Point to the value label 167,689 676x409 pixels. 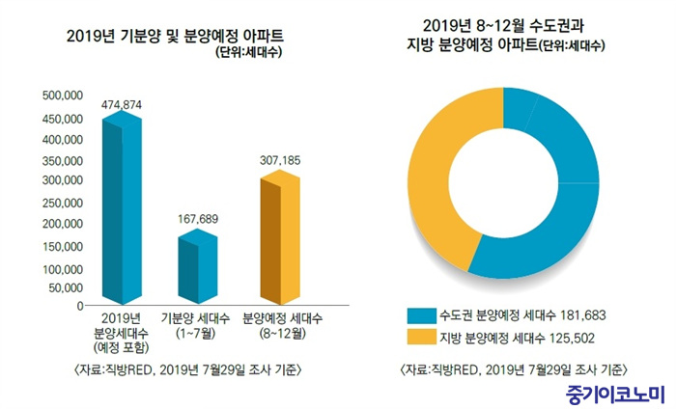[x=198, y=219]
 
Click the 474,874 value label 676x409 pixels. [x=122, y=103]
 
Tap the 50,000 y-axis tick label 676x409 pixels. [x=67, y=286]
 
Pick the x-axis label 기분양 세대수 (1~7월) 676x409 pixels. [x=198, y=324]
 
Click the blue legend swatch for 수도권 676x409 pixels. [x=419, y=315]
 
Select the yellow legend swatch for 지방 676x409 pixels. [x=419, y=337]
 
